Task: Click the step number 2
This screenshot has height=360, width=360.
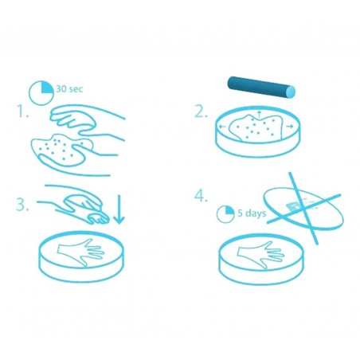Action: point(200,112)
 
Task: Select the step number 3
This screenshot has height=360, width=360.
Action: point(22,204)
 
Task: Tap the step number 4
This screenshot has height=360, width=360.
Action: point(201,194)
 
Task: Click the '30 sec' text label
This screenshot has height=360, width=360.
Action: point(71,88)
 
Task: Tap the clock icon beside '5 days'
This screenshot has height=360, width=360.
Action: point(225,214)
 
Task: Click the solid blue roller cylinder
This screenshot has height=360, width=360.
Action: point(261,85)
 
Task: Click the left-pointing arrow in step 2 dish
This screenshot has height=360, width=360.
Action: point(222,127)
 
